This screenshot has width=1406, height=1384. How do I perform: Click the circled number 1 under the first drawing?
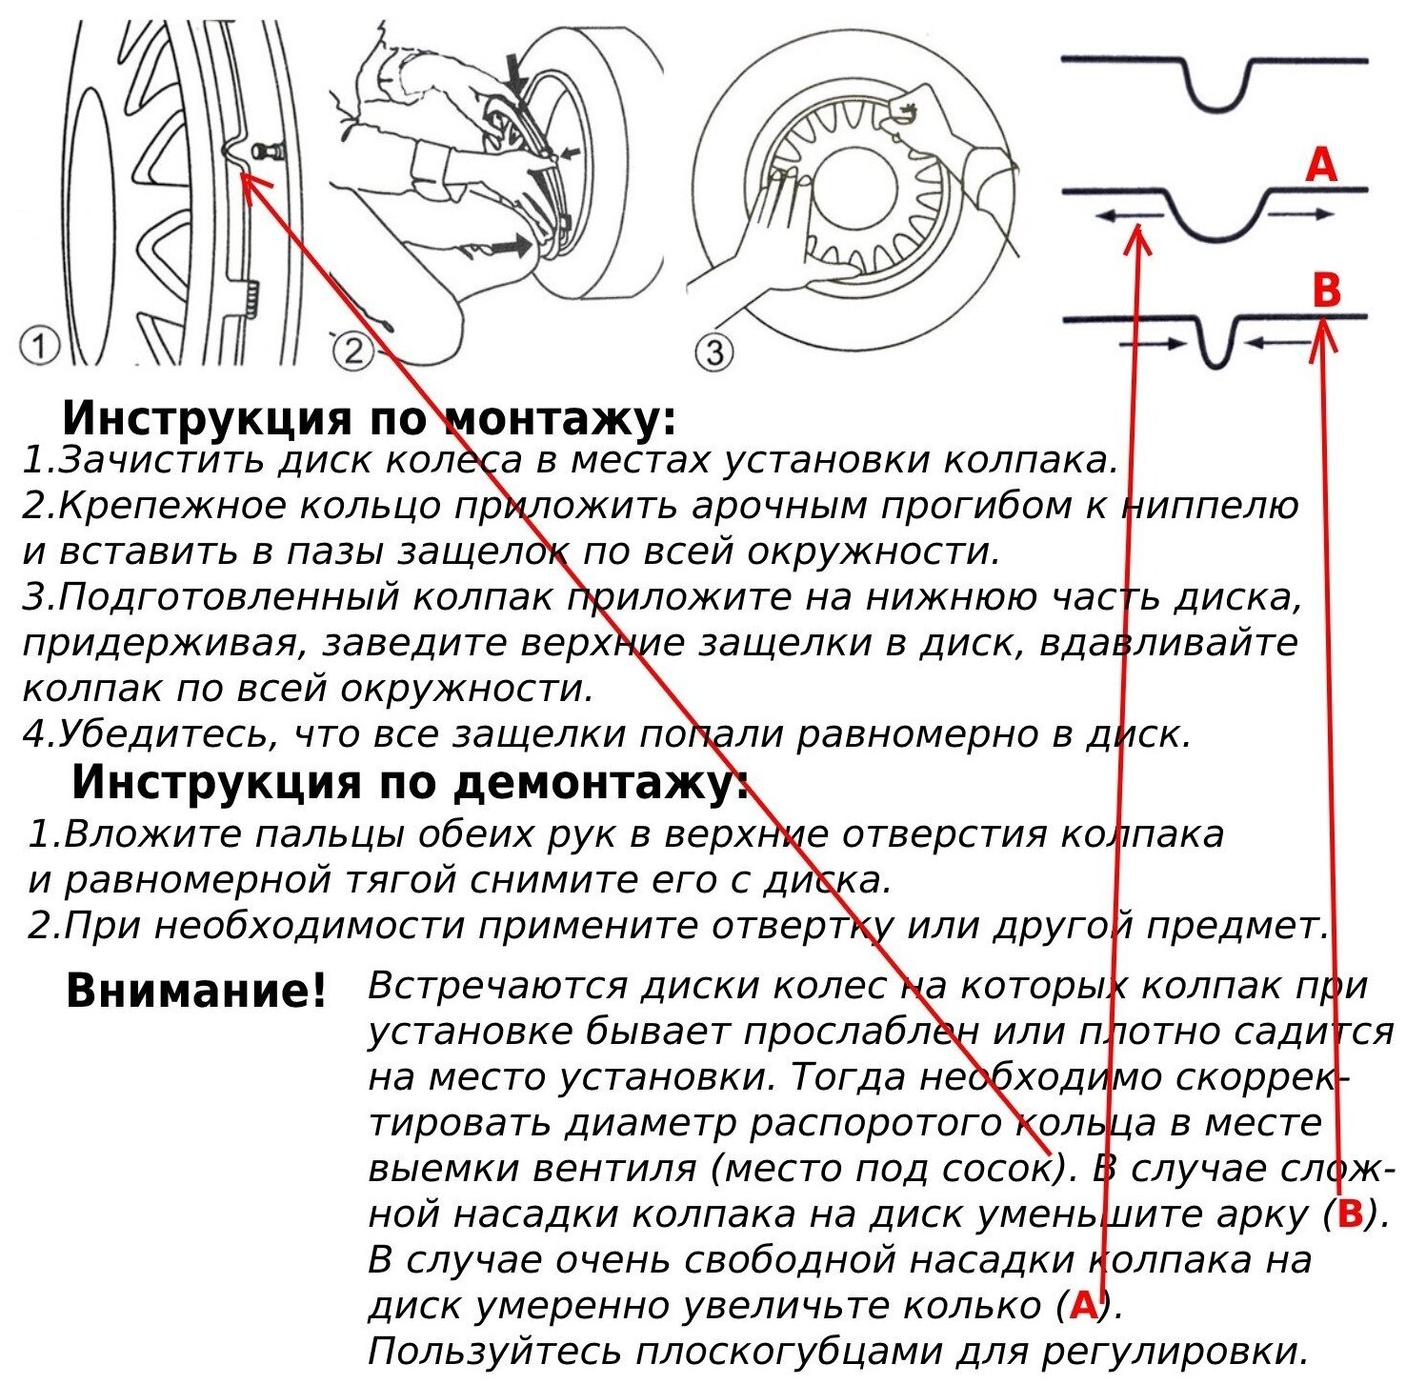(x=38, y=347)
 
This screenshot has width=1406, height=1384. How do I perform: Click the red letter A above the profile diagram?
(x=1321, y=165)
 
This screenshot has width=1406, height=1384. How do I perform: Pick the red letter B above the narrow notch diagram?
(x=1326, y=290)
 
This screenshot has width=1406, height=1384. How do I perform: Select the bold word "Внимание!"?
(x=196, y=991)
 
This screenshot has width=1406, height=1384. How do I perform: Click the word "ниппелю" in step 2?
(x=1211, y=505)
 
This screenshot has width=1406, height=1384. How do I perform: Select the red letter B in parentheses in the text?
(x=1350, y=1214)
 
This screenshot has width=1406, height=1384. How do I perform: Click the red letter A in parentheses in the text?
(x=1083, y=1305)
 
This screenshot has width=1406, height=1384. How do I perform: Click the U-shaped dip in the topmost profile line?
(x=1216, y=95)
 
